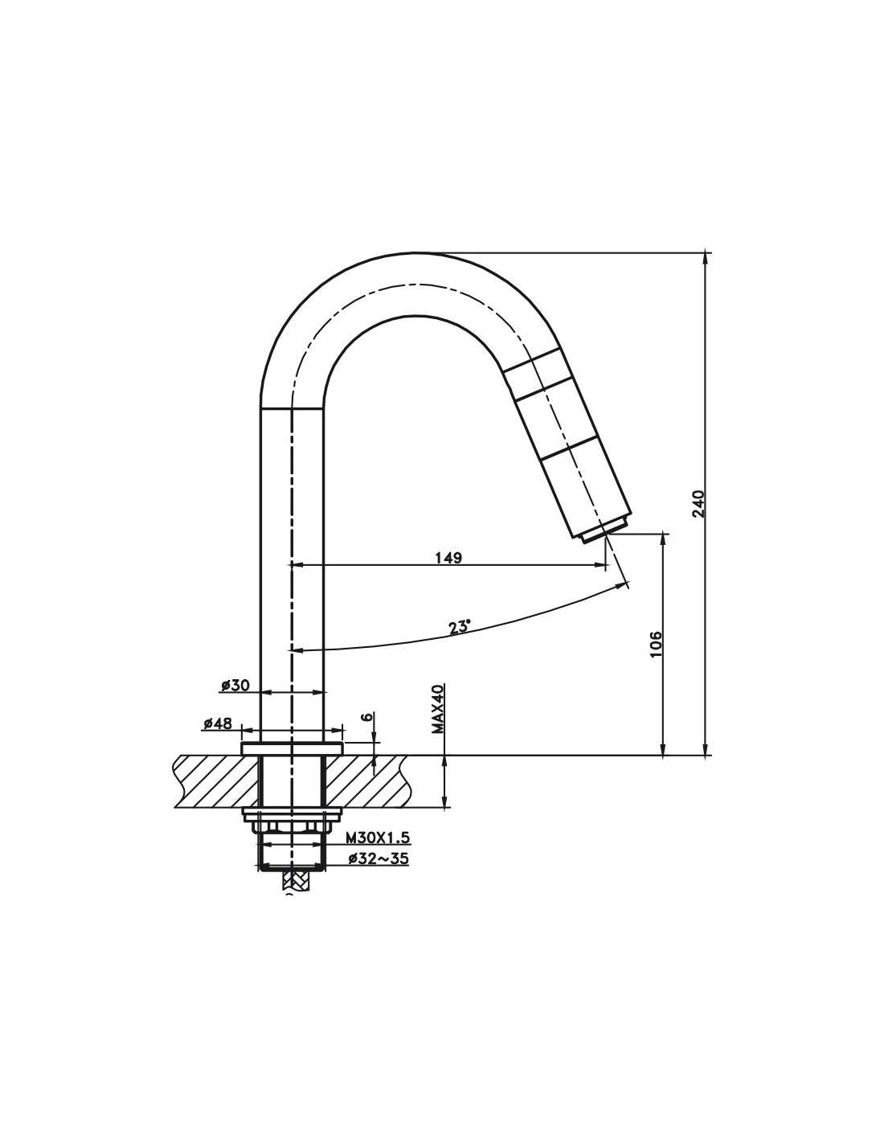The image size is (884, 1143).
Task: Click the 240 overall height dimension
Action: click(698, 504)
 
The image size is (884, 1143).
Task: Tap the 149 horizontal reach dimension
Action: click(448, 558)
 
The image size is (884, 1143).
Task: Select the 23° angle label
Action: click(459, 628)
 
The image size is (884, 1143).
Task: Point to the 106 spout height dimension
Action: click(655, 644)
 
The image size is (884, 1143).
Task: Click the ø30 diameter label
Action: click(235, 686)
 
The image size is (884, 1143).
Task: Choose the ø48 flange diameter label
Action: click(218, 723)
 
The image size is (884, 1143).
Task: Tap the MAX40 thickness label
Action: click(438, 709)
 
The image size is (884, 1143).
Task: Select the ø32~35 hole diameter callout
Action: click(378, 858)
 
